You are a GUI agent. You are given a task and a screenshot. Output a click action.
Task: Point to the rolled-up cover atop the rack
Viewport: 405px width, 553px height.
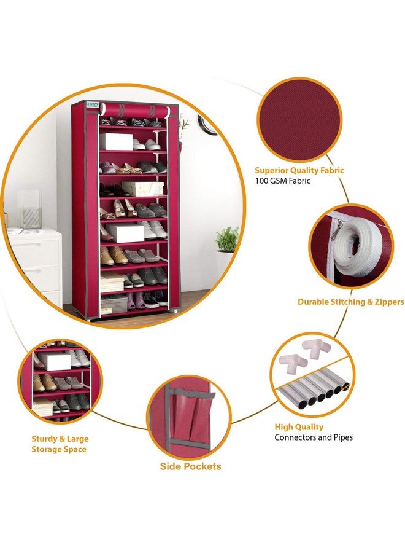pyautogui.click(x=134, y=111)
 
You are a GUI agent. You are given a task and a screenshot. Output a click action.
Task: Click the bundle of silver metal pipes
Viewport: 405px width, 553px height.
pyautogui.click(x=313, y=393)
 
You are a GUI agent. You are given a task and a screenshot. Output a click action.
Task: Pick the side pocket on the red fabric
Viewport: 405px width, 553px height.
pyautogui.click(x=190, y=418)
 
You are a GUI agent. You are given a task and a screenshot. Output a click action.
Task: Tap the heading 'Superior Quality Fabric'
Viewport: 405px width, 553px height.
pyautogui.click(x=299, y=170)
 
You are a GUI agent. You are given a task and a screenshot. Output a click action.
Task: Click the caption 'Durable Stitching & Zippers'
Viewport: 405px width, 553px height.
pyautogui.click(x=350, y=302)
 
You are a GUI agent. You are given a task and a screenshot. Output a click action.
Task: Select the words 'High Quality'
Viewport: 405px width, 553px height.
pyautogui.click(x=299, y=426)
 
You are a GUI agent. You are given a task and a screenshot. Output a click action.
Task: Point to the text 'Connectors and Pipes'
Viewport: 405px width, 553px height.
pyautogui.click(x=313, y=437)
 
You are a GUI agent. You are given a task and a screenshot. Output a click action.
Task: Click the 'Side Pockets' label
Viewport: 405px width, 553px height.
pyautogui.click(x=190, y=466)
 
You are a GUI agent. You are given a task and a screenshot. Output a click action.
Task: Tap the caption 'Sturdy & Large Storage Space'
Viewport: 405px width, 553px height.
pyautogui.click(x=60, y=444)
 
